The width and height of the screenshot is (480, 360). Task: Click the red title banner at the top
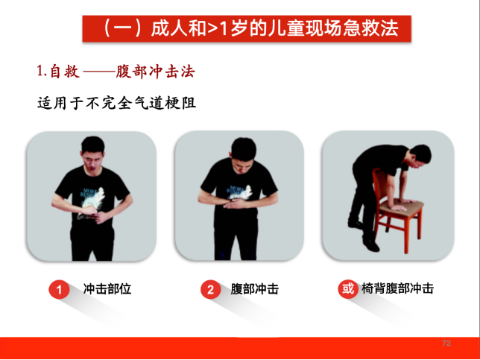coord(247,28)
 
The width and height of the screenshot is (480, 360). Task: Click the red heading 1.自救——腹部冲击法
coord(116,72)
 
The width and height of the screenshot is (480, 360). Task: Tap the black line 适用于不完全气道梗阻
coord(116,102)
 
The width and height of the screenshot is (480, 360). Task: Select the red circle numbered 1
coord(59,289)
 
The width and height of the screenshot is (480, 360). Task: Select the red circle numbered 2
coord(211,289)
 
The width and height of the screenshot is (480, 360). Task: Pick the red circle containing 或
coord(348,288)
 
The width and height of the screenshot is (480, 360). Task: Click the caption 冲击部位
coord(107,289)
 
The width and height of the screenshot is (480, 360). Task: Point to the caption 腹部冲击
coord(255,289)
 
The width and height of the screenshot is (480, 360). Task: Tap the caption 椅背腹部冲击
coord(397,288)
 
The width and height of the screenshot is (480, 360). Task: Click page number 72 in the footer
coord(446,343)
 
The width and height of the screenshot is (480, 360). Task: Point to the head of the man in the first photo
coord(93,153)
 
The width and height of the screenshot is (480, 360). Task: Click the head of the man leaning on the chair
coord(420,156)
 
